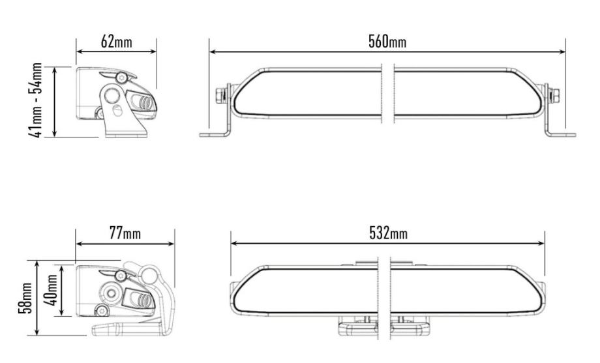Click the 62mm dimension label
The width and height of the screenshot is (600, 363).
coord(117,41)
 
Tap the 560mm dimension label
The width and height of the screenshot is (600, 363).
coord(387,41)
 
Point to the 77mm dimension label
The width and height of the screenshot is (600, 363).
coord(125,233)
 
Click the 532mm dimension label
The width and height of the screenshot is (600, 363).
coord(389,233)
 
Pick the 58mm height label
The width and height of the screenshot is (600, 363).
coord(25,298)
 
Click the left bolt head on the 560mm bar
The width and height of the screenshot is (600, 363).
coord(220,95)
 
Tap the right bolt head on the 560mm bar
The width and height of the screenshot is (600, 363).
coord(554,96)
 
